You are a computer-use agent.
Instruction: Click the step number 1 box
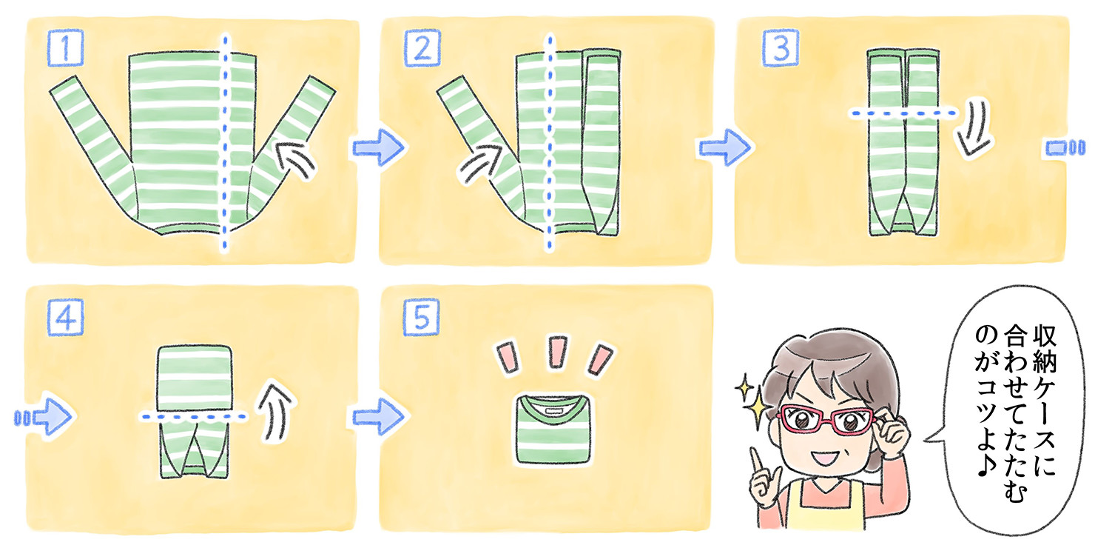(x=67, y=49)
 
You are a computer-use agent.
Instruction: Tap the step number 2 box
(x=421, y=49)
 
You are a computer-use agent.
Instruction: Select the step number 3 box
(x=776, y=49)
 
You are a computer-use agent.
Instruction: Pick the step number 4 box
(x=67, y=318)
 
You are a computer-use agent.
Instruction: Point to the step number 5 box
(x=421, y=318)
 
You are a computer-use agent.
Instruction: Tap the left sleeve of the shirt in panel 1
(x=92, y=133)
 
